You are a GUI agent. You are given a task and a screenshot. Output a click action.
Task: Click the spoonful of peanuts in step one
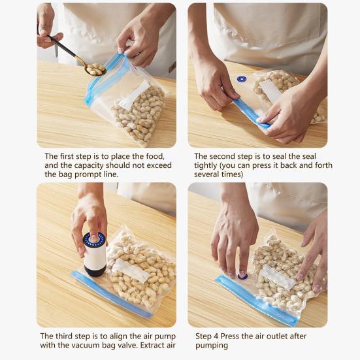click(x=95, y=69)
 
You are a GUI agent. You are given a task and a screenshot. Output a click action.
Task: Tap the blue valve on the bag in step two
click(x=242, y=79)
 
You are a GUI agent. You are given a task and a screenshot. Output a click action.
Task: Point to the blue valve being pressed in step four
click(x=242, y=276)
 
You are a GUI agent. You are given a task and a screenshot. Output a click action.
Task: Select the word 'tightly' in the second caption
click(x=206, y=165)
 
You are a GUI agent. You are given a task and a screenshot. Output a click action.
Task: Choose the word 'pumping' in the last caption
click(x=212, y=346)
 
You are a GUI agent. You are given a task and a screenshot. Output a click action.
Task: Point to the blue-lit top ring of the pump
click(x=95, y=238)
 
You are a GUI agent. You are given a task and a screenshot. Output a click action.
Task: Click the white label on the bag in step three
click(x=131, y=270)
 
